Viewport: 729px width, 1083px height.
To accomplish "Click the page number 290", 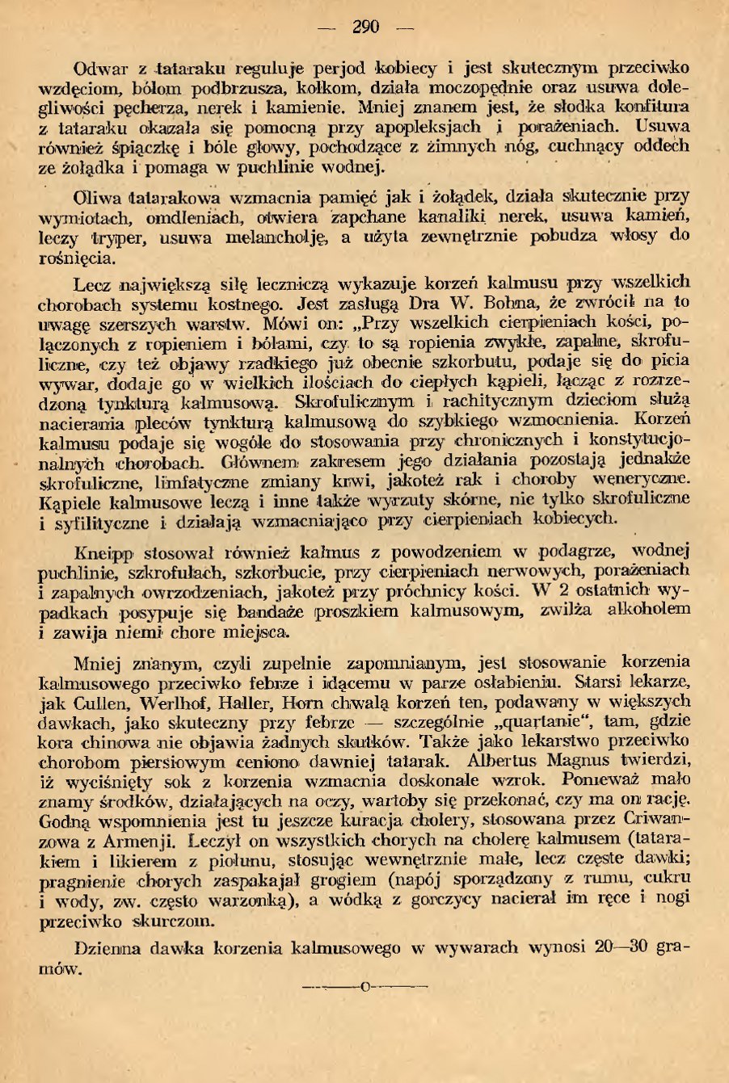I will [x=365, y=27].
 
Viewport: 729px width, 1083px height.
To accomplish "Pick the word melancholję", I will [x=281, y=237].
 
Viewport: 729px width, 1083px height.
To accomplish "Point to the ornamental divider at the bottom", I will [x=364, y=987].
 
